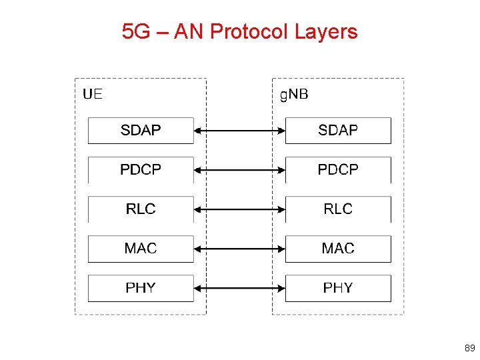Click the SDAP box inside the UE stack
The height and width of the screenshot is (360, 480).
[x=141, y=131]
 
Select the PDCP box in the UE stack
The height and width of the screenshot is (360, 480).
[x=141, y=170]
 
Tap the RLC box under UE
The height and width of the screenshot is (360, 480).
[x=141, y=209]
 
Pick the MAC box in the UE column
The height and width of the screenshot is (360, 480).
[x=141, y=249]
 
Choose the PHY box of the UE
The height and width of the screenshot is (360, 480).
[x=141, y=288]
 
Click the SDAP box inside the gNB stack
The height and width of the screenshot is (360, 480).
[x=338, y=131]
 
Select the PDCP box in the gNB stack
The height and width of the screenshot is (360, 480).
[x=338, y=170]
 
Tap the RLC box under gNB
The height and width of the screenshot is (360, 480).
[x=338, y=209]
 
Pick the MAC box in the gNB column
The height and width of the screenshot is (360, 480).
[x=338, y=249]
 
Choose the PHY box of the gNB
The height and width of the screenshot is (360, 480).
[x=338, y=288]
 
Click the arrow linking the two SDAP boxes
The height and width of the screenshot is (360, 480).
[x=239, y=131]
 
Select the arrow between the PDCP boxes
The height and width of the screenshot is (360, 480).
[x=239, y=170]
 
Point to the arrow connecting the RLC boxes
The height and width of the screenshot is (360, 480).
[x=239, y=209]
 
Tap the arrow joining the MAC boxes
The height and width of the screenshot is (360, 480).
[x=239, y=249]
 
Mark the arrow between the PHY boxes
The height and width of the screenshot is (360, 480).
[x=239, y=288]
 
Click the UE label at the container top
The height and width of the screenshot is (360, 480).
[x=93, y=94]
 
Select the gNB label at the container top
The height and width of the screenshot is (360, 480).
[x=294, y=94]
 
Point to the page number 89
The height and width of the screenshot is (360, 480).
[x=469, y=348]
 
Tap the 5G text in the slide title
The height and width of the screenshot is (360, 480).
[x=137, y=31]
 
